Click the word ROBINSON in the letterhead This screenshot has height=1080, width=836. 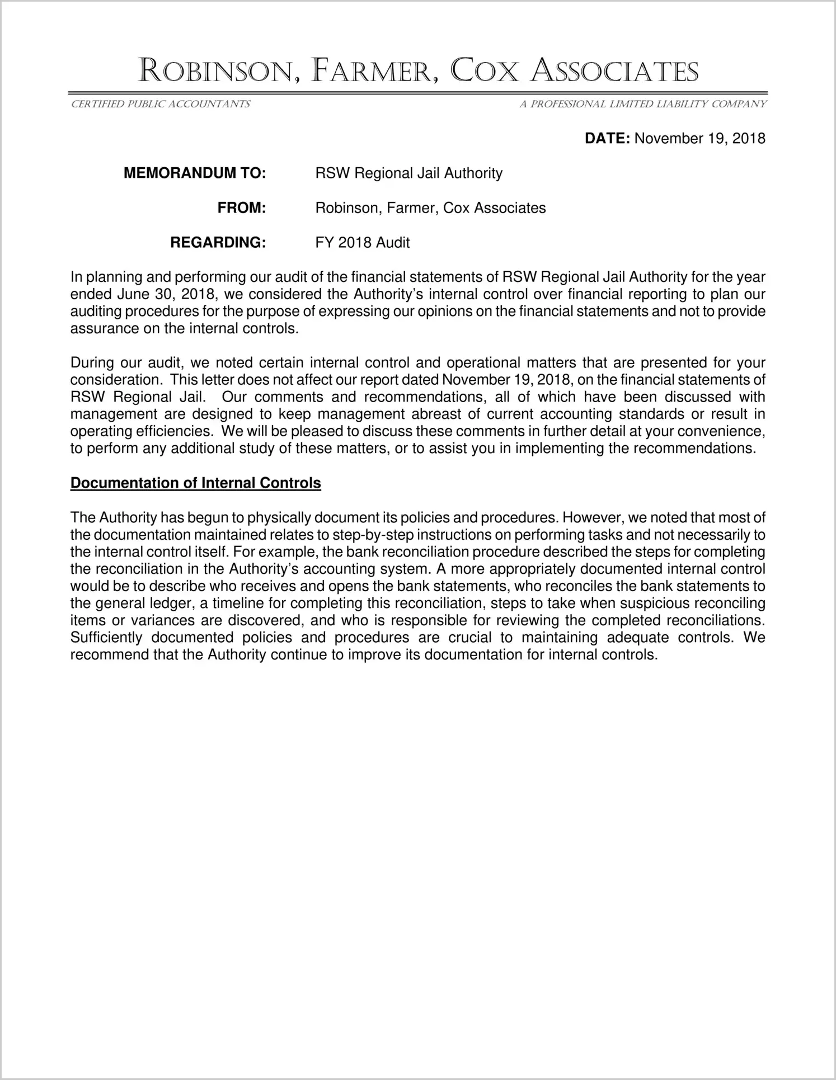(215, 72)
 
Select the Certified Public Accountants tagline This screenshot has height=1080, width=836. (160, 104)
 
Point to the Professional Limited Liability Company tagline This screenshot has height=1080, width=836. (643, 104)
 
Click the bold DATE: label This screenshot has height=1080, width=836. (608, 139)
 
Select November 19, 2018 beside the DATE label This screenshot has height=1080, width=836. (700, 139)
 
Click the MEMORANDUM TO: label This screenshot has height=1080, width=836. (194, 173)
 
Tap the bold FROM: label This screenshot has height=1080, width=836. (241, 208)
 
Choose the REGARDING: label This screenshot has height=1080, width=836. (218, 243)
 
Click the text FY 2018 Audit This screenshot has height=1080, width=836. (363, 243)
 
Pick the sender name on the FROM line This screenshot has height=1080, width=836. (430, 208)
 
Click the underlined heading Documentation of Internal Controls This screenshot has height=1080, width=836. (195, 483)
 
